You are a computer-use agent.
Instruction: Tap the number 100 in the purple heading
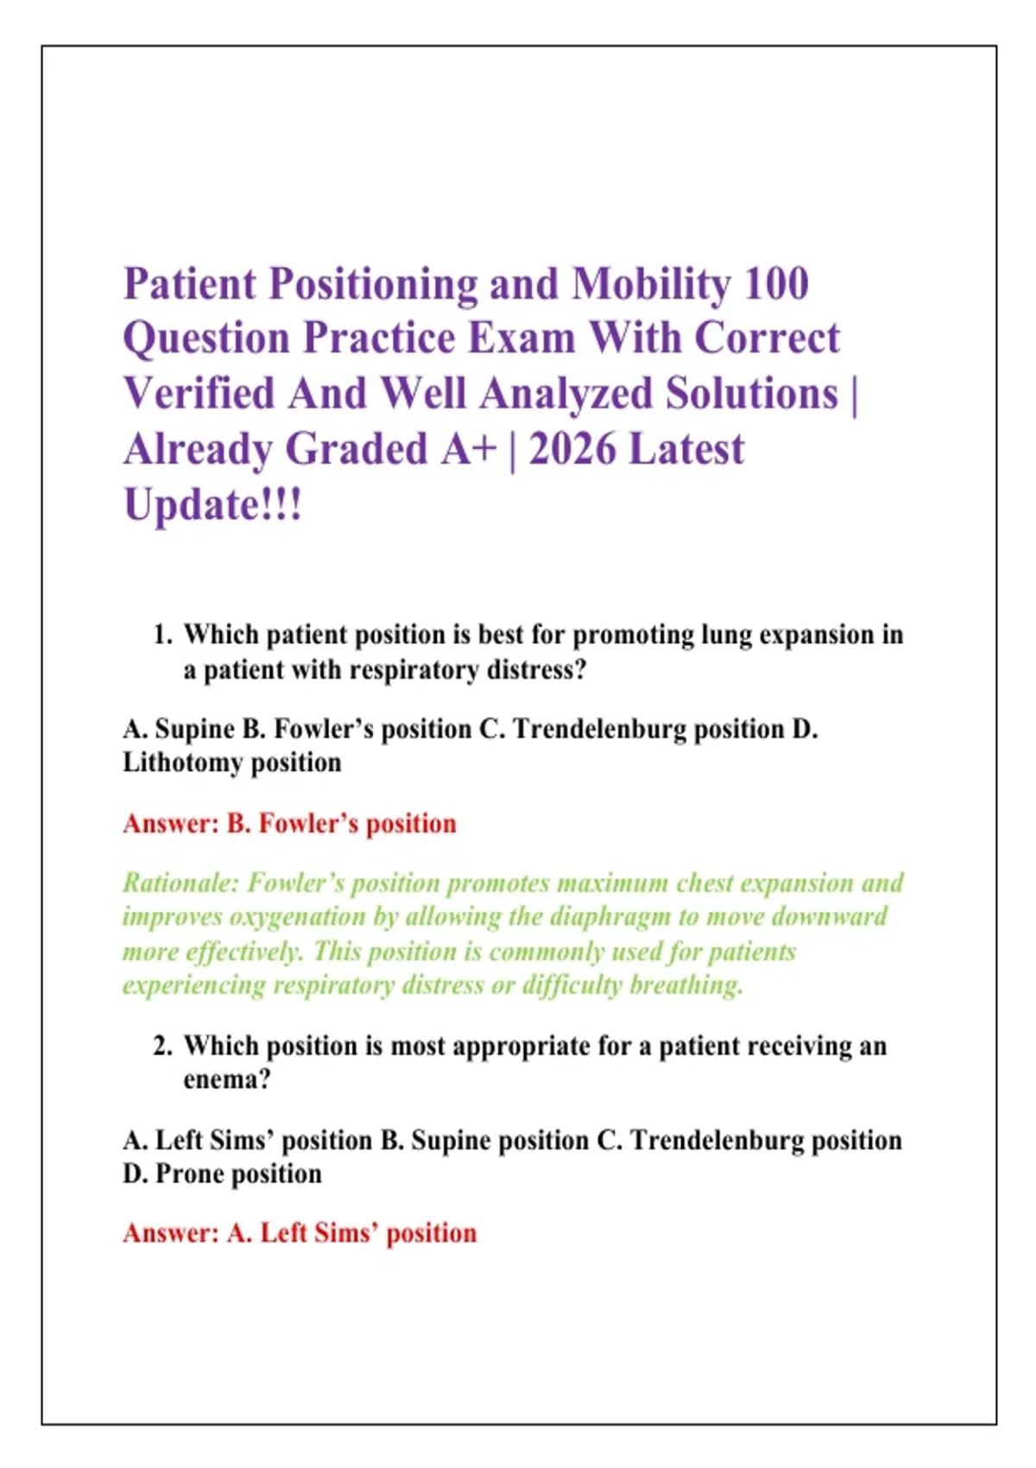[x=775, y=284]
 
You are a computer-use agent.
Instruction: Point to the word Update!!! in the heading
[x=213, y=507]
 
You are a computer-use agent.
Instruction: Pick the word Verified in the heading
[x=199, y=395]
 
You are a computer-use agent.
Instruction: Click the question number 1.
[x=162, y=635]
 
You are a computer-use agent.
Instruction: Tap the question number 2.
[x=162, y=1045]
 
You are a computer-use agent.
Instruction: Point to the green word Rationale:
[x=180, y=883]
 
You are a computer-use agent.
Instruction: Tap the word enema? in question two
[x=227, y=1080]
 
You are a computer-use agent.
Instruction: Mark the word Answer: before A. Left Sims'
[x=170, y=1234]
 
